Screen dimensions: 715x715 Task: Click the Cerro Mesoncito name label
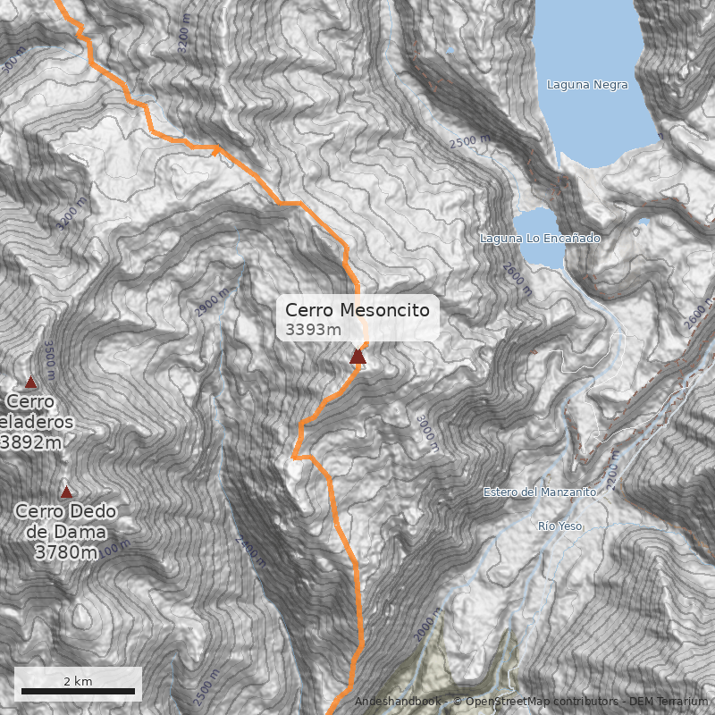pyautogui.click(x=357, y=310)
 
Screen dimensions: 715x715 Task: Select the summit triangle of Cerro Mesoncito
pyautogui.click(x=357, y=357)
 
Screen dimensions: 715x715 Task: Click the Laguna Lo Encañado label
pyautogui.click(x=540, y=239)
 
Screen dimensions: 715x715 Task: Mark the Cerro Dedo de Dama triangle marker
pyautogui.click(x=66, y=492)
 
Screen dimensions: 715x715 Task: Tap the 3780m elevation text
pyautogui.click(x=66, y=552)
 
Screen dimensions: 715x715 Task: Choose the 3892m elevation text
pyautogui.click(x=32, y=442)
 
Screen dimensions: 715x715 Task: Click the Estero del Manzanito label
pyautogui.click(x=539, y=492)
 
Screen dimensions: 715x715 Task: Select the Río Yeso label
pyautogui.click(x=560, y=526)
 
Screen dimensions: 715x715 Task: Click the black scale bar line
pyautogui.click(x=78, y=692)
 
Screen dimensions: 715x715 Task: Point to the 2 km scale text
pyautogui.click(x=78, y=681)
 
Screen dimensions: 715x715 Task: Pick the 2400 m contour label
pyautogui.click(x=250, y=552)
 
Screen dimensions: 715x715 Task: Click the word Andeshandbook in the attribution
pyautogui.click(x=398, y=702)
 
